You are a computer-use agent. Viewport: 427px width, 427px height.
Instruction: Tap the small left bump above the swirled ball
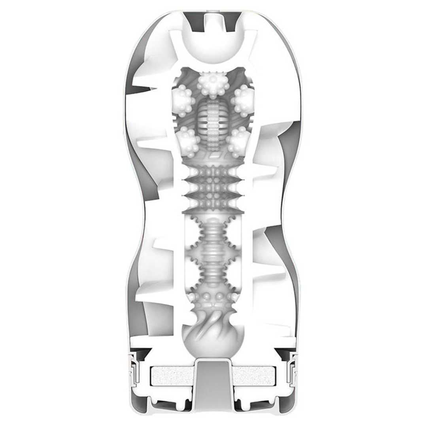coord(194,297)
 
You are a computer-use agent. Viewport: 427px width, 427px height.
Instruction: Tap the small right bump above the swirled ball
coord(233,297)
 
